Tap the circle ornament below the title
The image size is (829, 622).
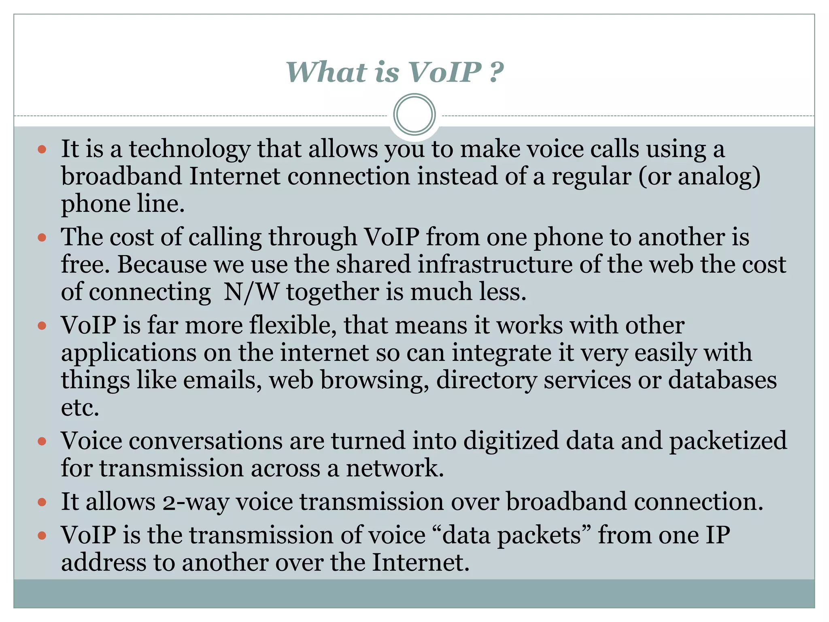point(414,115)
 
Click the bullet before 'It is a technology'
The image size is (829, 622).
point(42,149)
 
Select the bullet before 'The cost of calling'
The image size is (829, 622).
point(42,237)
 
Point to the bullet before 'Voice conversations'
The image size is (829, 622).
point(42,441)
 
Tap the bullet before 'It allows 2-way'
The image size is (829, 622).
point(42,503)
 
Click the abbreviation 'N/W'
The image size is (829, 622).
point(251,292)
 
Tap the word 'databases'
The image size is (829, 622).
point(722,381)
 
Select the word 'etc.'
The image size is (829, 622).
point(80,408)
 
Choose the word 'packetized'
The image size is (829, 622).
point(728,441)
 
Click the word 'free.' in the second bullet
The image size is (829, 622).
point(85,265)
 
